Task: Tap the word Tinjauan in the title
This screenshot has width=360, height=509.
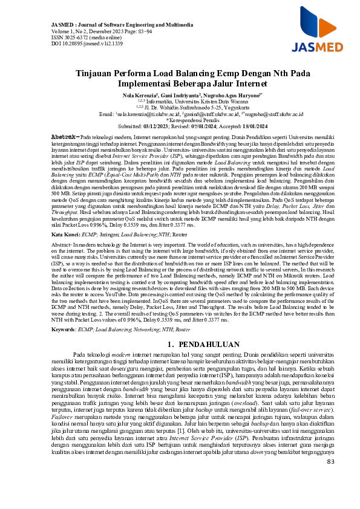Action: [100, 72]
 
